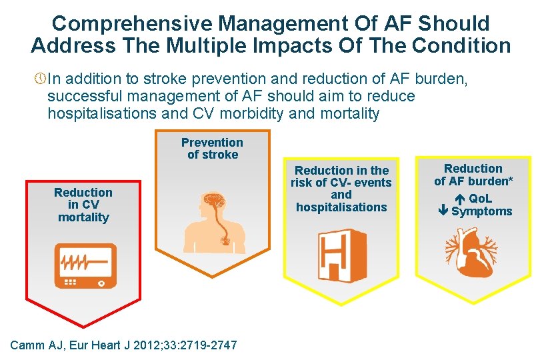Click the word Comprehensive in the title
pyautogui.click(x=132, y=23)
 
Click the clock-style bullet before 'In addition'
pyautogui.click(x=39, y=80)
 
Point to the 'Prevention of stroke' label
pyautogui.click(x=212, y=149)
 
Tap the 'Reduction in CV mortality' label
pyautogui.click(x=83, y=205)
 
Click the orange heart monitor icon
pyautogui.click(x=85, y=265)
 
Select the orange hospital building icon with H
pyautogui.click(x=341, y=255)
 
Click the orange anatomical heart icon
pyautogui.click(x=473, y=251)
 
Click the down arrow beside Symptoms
pyautogui.click(x=443, y=211)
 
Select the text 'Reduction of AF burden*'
pyautogui.click(x=473, y=175)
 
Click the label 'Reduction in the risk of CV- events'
pyautogui.click(x=341, y=177)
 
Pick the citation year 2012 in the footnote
pyautogui.click(x=151, y=345)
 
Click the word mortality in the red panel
pyautogui.click(x=83, y=217)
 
